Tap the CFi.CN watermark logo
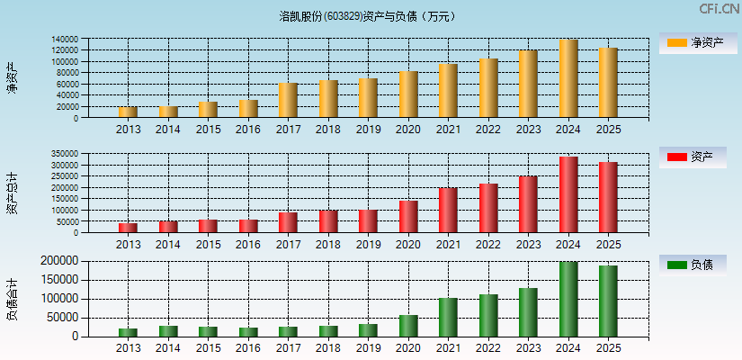click(719, 9)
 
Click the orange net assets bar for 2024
click(568, 79)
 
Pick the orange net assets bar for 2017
click(288, 101)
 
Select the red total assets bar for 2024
click(568, 195)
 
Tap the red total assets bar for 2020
click(408, 217)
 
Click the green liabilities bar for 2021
click(448, 318)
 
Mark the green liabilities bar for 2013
click(128, 332)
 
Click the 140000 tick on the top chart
click(64, 40)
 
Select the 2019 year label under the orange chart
click(368, 130)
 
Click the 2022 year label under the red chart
click(488, 245)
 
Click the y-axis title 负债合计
click(12, 299)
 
